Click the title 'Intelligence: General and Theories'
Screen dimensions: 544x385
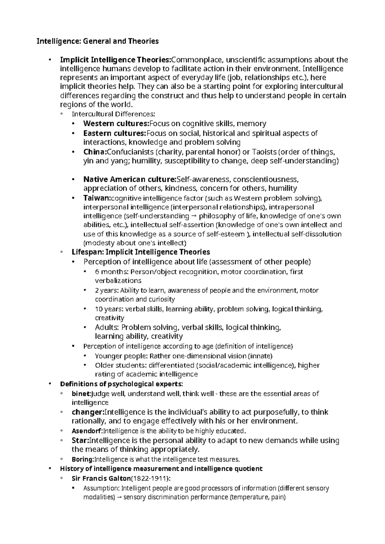[x=98, y=41]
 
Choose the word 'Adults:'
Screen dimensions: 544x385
[x=107, y=327]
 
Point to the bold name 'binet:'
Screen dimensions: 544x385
[x=81, y=394]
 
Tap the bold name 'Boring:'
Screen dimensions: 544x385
[x=83, y=459]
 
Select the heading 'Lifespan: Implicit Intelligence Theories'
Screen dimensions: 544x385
[x=141, y=252]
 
